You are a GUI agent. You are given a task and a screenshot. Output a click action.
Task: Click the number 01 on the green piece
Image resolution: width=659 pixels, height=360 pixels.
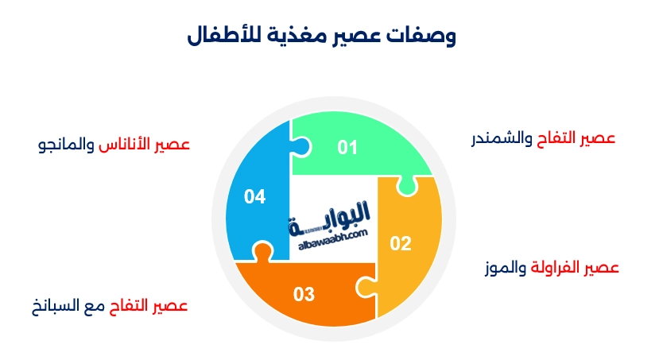pyautogui.click(x=347, y=147)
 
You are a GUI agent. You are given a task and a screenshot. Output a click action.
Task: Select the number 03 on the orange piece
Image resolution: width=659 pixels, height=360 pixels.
pyautogui.click(x=304, y=295)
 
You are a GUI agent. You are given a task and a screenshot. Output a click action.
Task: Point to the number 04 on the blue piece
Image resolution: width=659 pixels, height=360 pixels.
pyautogui.click(x=254, y=196)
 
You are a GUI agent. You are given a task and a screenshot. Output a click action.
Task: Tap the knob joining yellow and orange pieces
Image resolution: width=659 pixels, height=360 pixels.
pyautogui.click(x=362, y=285)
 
